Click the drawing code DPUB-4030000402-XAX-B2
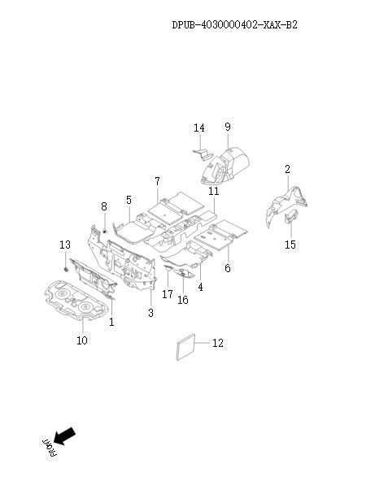[x=235, y=24]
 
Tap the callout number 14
[x=199, y=128]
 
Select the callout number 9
[x=228, y=127]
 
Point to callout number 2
[x=287, y=169]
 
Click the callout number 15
[x=290, y=245]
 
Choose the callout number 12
[x=218, y=343]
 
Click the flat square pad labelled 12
[x=185, y=347]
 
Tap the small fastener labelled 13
[x=66, y=270]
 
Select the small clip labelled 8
[x=105, y=232]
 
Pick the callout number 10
[x=81, y=340]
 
